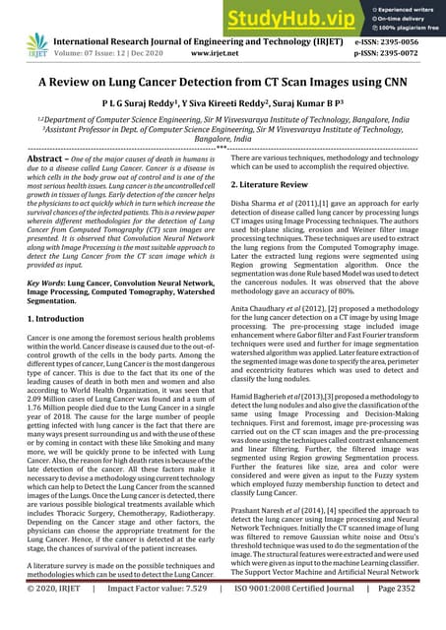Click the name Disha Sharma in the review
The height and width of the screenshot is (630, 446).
259,202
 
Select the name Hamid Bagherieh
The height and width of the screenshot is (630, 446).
266,401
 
